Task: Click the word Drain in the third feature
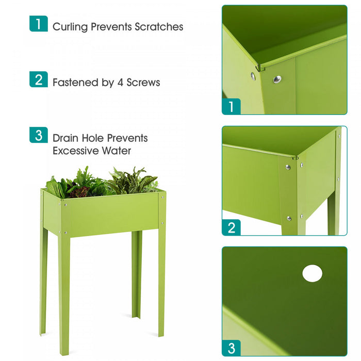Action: (x=65, y=138)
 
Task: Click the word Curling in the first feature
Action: (x=70, y=27)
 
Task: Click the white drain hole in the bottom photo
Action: (x=312, y=273)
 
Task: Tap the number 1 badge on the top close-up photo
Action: (x=232, y=106)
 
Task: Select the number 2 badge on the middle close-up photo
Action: (x=232, y=227)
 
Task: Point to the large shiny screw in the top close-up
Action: (x=277, y=79)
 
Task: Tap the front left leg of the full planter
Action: (x=64, y=294)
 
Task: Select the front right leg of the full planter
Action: (x=161, y=278)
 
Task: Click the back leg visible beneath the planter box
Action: (x=136, y=273)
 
